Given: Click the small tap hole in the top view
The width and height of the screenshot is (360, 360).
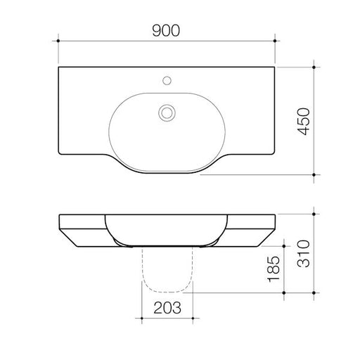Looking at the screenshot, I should (x=167, y=80).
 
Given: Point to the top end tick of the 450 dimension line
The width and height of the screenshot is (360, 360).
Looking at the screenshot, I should (x=314, y=67).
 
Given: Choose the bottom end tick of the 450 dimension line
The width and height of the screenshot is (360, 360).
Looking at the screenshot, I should (x=314, y=173).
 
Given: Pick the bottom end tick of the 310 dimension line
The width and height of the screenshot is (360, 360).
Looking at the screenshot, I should (x=314, y=291).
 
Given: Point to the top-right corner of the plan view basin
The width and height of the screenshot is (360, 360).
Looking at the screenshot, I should (x=275, y=68).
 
